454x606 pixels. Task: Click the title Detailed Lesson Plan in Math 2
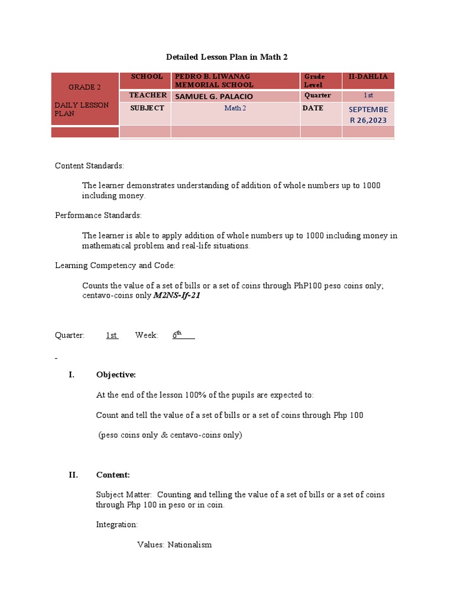coord(227,57)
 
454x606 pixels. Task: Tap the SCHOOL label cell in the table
coord(147,77)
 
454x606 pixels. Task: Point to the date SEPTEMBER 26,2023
coord(368,115)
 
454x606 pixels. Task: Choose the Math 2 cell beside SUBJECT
coord(235,108)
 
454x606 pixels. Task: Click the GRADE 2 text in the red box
coord(85,87)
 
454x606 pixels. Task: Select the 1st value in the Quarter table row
coord(368,96)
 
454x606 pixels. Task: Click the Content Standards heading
coord(89,166)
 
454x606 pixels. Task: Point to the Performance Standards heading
coord(98,215)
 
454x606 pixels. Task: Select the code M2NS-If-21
coord(177,295)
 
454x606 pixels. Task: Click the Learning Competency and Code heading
coord(115,266)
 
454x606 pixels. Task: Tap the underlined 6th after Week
coord(177,335)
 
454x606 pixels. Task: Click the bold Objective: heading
coord(116,375)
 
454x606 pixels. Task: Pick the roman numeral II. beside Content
coord(73,475)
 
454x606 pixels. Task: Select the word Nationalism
coord(189,544)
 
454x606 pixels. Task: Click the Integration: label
coord(116,524)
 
